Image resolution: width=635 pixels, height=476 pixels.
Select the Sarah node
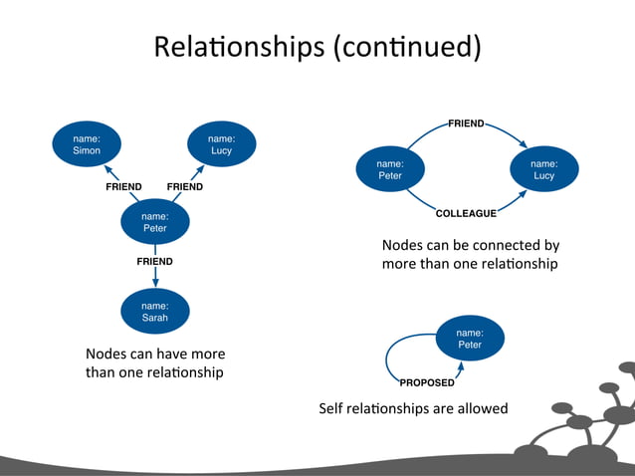(154, 312)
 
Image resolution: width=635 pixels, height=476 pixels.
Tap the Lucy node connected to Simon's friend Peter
(221, 143)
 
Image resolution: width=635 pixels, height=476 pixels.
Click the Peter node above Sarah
(154, 221)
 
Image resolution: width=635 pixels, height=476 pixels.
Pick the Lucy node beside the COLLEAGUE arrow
(543, 169)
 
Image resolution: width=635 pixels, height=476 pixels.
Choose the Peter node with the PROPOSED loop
(470, 339)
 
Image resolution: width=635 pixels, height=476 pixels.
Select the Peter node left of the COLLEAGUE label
(390, 169)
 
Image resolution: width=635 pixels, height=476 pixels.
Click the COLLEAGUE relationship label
(466, 212)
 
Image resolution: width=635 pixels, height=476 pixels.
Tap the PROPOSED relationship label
(427, 382)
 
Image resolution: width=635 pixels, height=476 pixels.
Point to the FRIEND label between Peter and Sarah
(154, 261)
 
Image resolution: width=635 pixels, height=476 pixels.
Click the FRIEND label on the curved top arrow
(466, 123)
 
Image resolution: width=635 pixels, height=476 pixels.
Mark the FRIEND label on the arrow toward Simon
(123, 186)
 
